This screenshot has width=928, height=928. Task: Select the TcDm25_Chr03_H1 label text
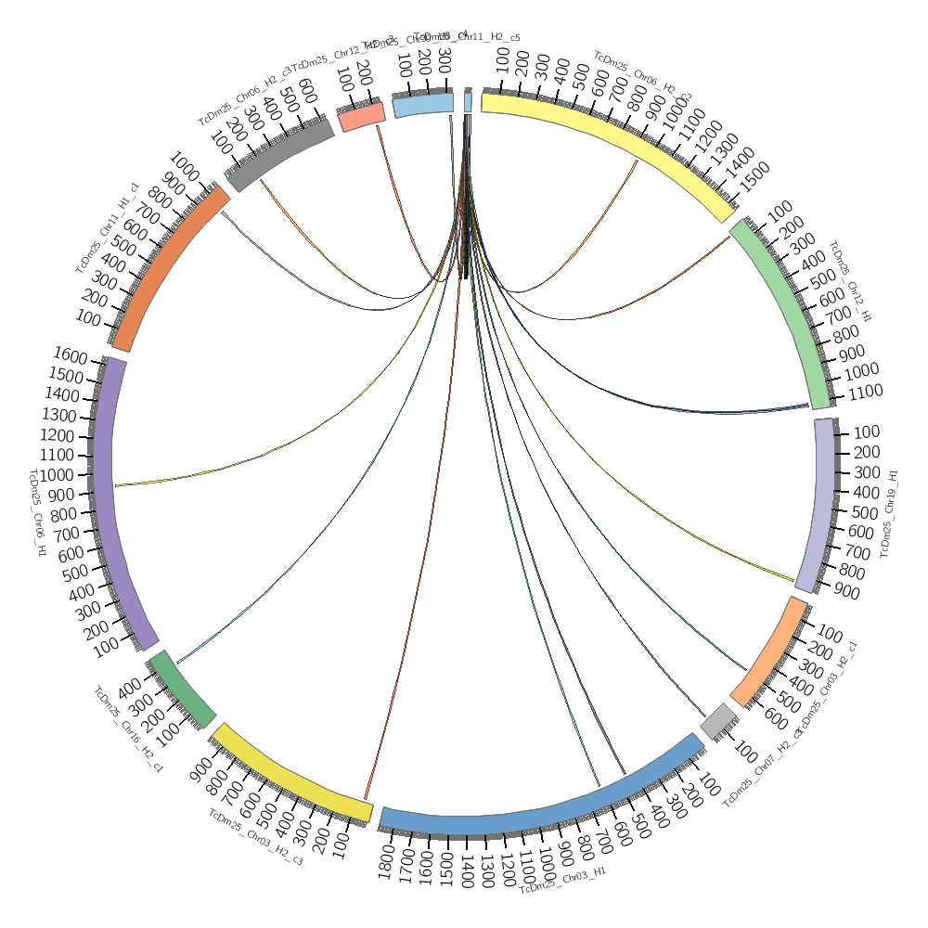[x=563, y=881]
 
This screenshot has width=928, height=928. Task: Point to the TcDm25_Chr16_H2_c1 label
[x=128, y=729]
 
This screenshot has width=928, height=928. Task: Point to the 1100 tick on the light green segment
[x=865, y=392]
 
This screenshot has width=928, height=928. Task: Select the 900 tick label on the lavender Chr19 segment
[x=845, y=593]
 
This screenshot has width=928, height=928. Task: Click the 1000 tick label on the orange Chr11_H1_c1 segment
[x=183, y=171]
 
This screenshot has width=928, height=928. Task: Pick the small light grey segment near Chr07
[x=719, y=720]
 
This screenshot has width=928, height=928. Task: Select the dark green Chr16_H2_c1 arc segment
[x=183, y=688]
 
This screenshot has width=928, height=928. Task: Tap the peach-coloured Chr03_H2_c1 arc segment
[x=769, y=651]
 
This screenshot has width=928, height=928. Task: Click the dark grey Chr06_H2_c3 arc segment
[x=279, y=152]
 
